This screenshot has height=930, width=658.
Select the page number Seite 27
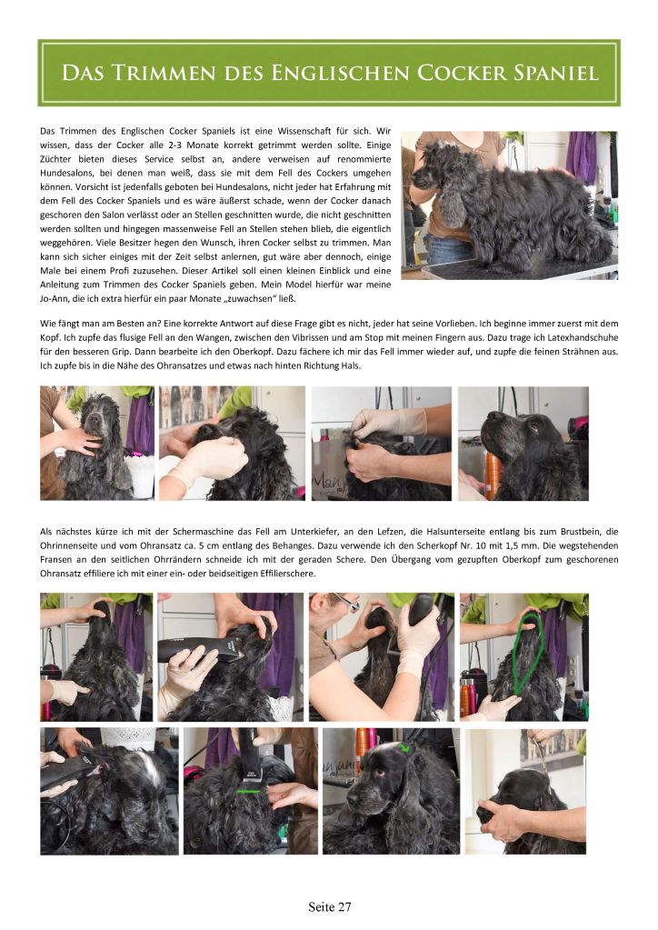(x=330, y=907)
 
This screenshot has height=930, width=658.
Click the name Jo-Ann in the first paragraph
(x=52, y=298)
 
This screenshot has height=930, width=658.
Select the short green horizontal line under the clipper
(x=249, y=791)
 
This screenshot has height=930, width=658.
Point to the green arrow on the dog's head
(x=404, y=748)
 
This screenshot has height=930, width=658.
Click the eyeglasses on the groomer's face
(x=345, y=603)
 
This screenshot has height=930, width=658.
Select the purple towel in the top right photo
(x=581, y=157)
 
